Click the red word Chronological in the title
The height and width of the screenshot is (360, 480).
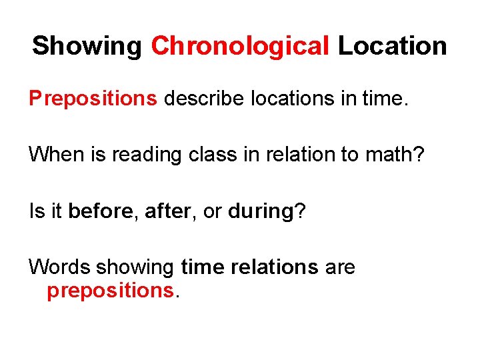click(x=241, y=47)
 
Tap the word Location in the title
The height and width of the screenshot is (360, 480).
click(x=392, y=46)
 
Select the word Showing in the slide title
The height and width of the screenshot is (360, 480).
click(x=87, y=47)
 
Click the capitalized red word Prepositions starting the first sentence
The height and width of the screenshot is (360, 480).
click(x=93, y=99)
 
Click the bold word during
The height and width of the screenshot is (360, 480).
click(x=260, y=212)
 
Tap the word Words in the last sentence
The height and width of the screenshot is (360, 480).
click(x=59, y=267)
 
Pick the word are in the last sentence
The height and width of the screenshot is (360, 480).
click(x=340, y=267)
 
